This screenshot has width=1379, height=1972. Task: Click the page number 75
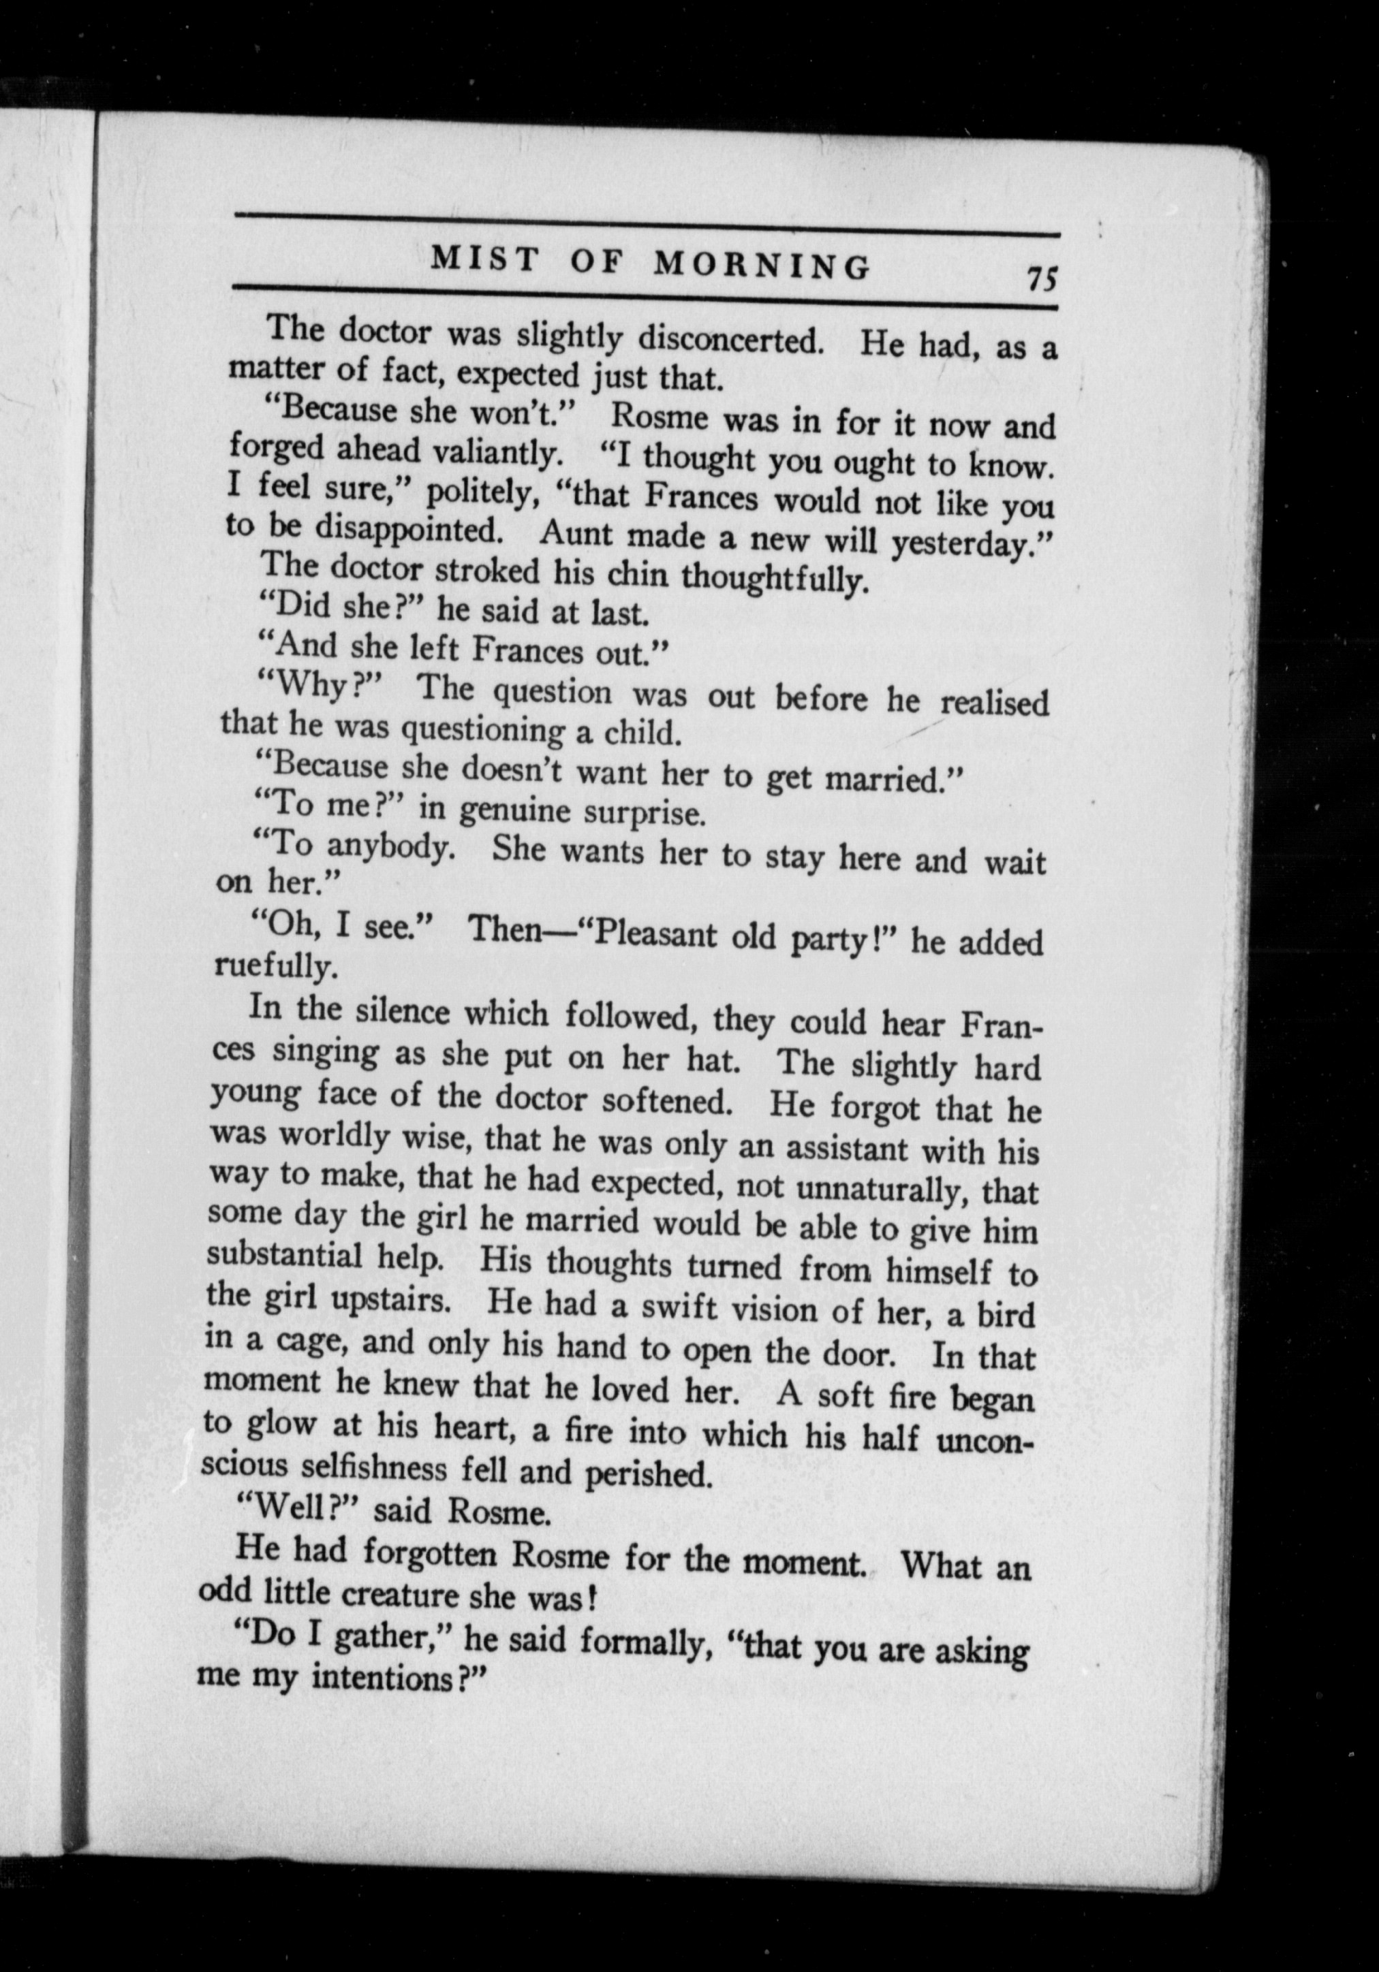1040,279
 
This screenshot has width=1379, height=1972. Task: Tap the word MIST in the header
484,259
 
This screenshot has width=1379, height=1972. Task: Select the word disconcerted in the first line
730,340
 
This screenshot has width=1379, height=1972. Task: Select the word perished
649,1474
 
